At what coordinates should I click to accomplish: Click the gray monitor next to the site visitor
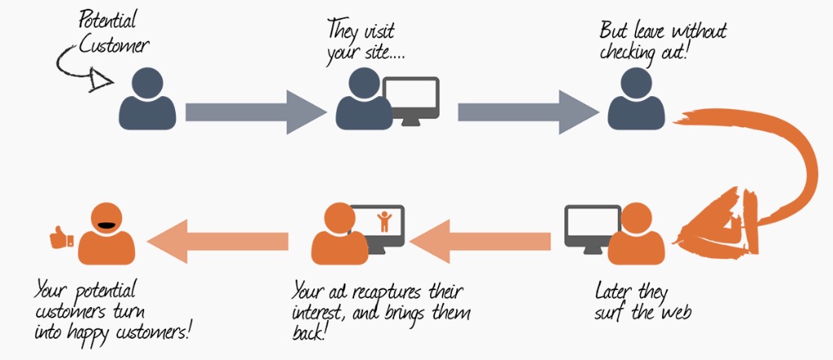411,99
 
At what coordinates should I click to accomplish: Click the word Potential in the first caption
108,18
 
